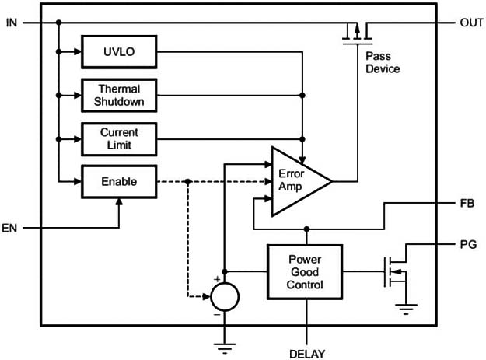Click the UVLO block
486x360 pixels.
[x=118, y=52]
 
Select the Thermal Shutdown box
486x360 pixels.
[x=118, y=95]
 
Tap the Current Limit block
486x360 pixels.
[x=118, y=138]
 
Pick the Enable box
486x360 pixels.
[x=118, y=182]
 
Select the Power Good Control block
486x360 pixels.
[x=305, y=272]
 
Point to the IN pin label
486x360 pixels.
[x=11, y=23]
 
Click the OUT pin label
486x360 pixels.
[x=471, y=23]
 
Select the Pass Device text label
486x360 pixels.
[x=382, y=63]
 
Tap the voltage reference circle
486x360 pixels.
[x=224, y=297]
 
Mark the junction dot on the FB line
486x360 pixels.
[x=306, y=229]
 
